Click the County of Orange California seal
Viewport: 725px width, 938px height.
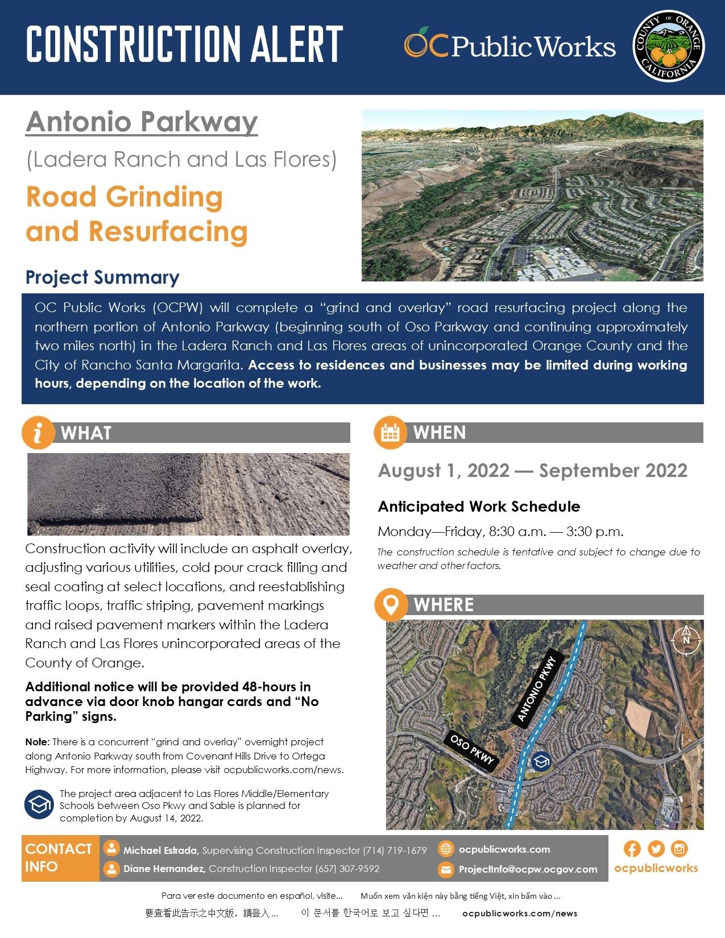(x=668, y=47)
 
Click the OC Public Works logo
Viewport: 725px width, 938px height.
(x=509, y=44)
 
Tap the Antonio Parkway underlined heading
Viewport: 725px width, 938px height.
(x=142, y=122)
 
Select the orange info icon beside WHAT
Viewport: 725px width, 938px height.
(x=38, y=433)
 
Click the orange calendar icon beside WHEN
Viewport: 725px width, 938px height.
(x=390, y=433)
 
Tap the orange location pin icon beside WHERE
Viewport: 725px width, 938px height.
(x=391, y=604)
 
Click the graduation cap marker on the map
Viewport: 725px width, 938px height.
(x=540, y=761)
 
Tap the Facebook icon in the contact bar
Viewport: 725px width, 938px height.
(x=632, y=849)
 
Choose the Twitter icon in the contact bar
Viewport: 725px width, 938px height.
(x=656, y=849)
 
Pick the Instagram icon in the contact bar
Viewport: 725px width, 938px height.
(x=680, y=849)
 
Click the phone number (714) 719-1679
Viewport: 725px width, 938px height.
(x=395, y=850)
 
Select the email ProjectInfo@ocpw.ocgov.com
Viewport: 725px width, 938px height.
(x=528, y=869)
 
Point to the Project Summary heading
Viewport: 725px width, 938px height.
(x=102, y=277)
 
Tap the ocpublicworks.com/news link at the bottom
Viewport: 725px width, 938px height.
(x=520, y=914)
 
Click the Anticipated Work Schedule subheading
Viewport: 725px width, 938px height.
(x=479, y=507)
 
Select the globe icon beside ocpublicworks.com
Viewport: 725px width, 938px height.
(x=446, y=849)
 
